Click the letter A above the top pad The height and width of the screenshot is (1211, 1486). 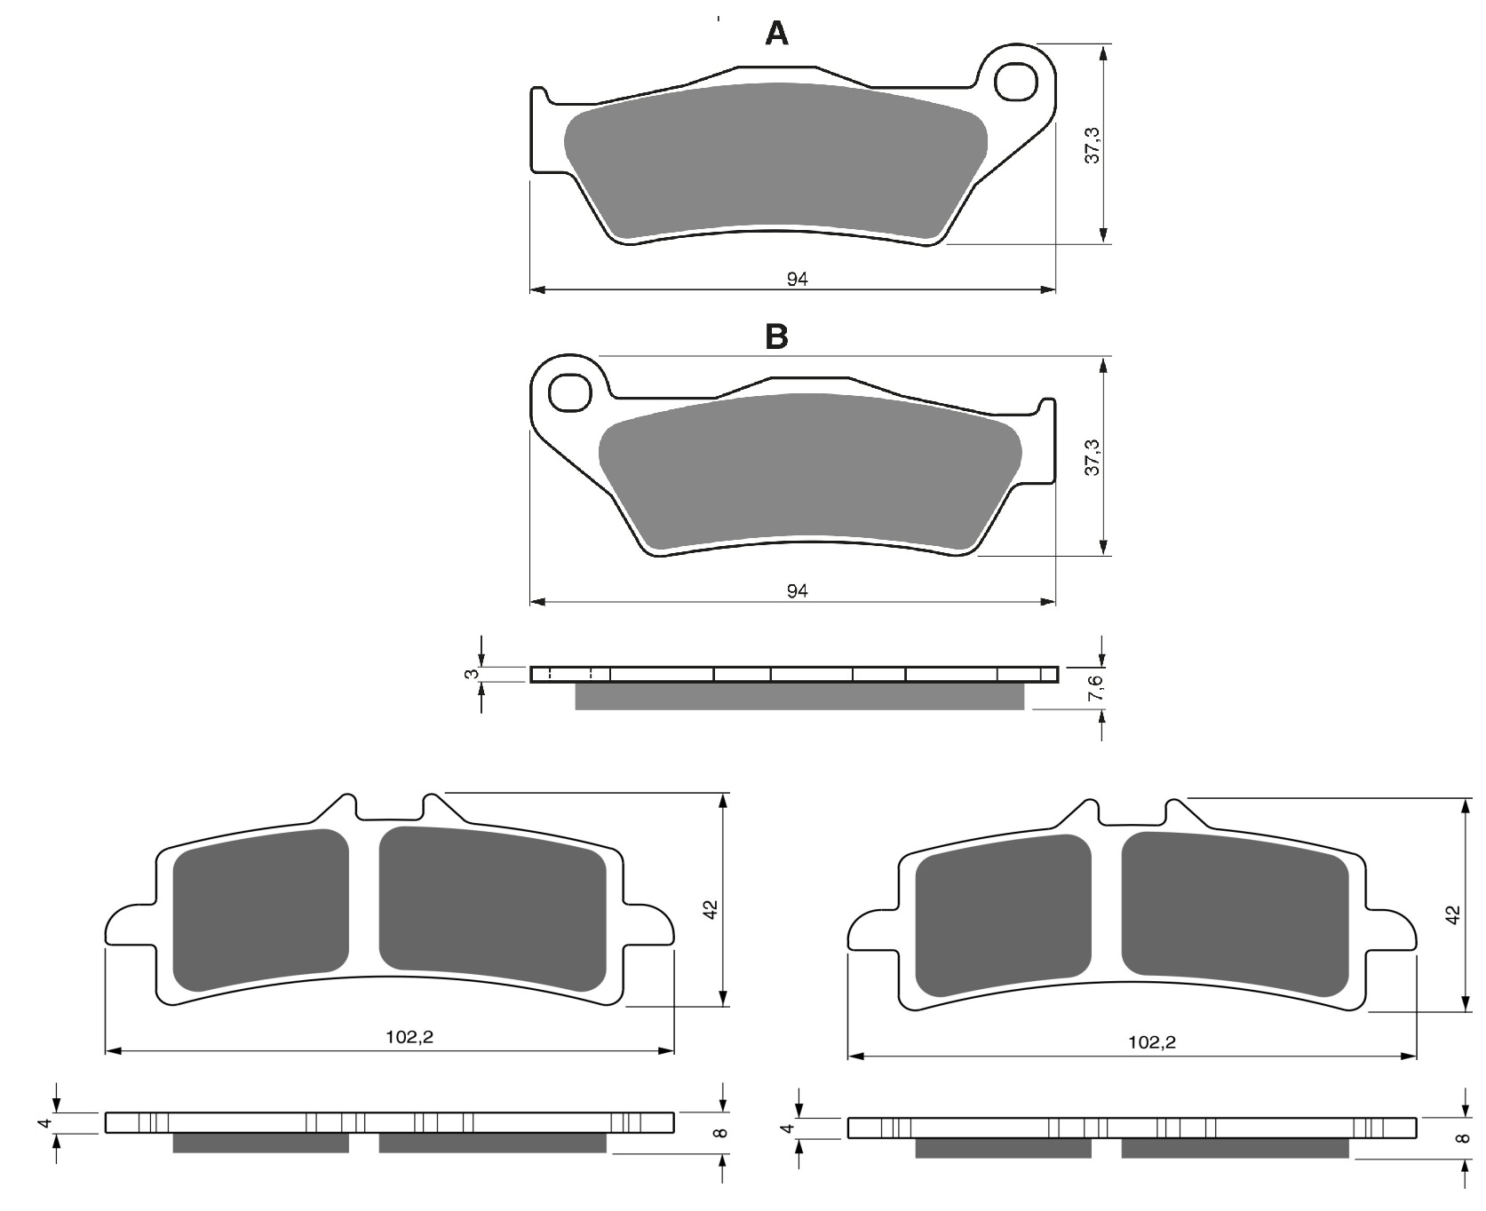click(x=776, y=34)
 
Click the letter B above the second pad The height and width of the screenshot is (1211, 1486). click(x=776, y=336)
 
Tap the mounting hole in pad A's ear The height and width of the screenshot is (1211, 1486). click(x=1016, y=83)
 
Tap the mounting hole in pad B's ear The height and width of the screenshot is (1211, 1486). click(x=570, y=392)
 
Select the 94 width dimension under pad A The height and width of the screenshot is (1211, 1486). click(x=797, y=279)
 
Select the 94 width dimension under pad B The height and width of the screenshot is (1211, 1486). click(x=797, y=591)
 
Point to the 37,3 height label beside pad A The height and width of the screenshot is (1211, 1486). click(x=1093, y=145)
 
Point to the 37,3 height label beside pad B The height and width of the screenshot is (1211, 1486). click(x=1093, y=457)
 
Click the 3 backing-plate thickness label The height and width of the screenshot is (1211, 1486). click(x=473, y=674)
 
